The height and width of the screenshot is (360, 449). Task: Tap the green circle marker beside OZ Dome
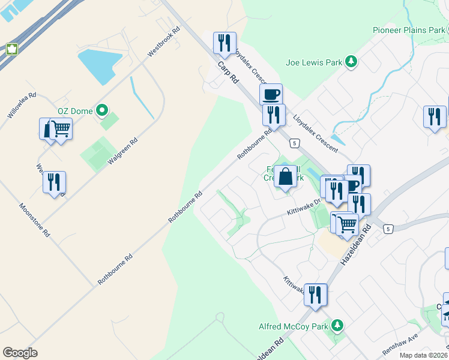pos(102,110)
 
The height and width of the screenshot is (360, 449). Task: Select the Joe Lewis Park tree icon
pos(352,61)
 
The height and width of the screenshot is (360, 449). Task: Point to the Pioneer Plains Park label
pos(408,30)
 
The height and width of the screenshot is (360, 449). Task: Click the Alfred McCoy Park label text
pos(294,326)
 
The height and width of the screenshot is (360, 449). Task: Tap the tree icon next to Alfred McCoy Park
pos(337,326)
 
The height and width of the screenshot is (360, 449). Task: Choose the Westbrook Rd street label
pos(164,42)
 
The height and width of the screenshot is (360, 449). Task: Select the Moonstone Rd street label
pos(34,220)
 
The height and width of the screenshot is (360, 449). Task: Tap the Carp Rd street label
pos(225,71)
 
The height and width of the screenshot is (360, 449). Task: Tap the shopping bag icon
pos(286,176)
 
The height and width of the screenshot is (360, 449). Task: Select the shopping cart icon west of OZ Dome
pos(60,127)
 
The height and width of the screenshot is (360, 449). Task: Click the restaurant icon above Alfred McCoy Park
pos(315,294)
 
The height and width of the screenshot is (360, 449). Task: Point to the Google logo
pos(20,352)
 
